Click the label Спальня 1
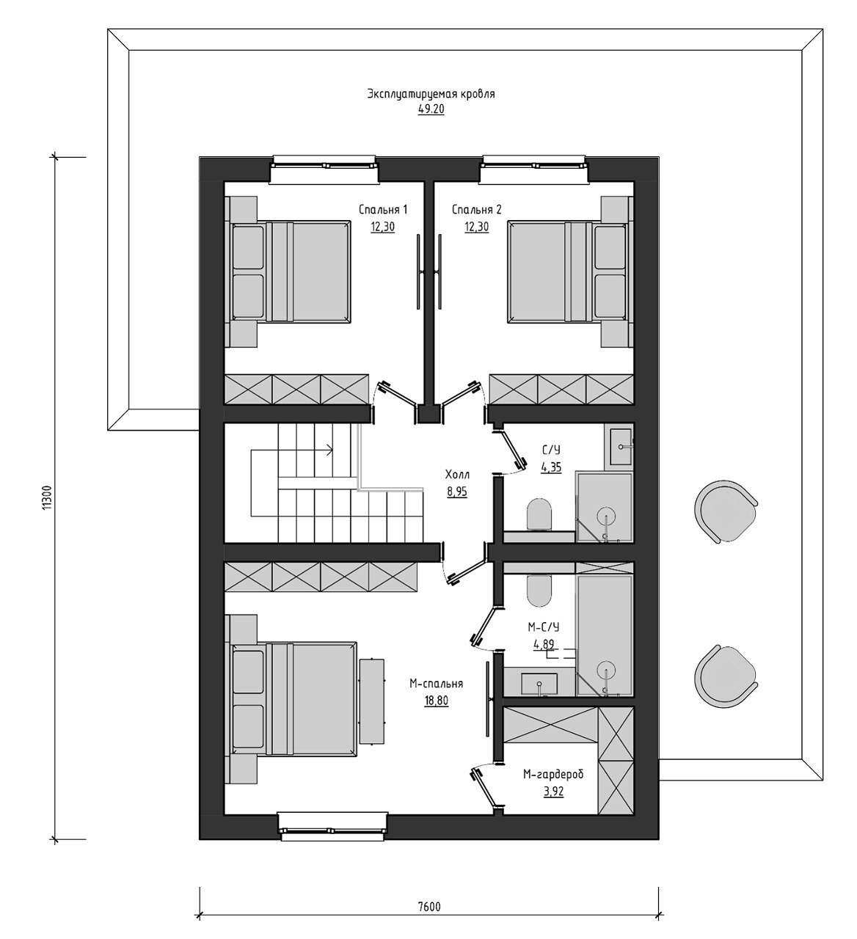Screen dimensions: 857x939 pos(382,210)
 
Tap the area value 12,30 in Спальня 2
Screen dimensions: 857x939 pos(476,227)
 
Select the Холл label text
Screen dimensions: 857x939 pos(457,475)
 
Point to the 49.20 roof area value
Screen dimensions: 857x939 pos(431,109)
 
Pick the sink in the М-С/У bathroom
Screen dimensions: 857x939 pos(539,685)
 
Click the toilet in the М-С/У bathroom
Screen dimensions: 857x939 pos(539,591)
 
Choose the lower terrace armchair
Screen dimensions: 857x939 pos(725,677)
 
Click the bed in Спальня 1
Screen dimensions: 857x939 pos(291,271)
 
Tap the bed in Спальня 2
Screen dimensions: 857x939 pos(568,271)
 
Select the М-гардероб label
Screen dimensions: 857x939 pos(553,774)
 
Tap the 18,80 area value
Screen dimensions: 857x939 pos(436,701)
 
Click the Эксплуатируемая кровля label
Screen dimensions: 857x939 pos(431,94)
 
